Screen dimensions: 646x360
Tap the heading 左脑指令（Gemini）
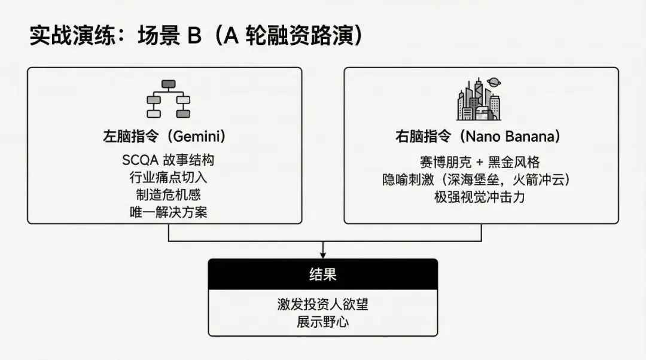tap(164, 136)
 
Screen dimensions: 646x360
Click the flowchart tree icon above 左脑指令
tap(168, 99)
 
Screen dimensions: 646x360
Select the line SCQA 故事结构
tap(168, 160)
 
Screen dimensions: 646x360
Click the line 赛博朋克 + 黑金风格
tap(480, 163)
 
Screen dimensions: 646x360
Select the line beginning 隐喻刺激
tap(480, 179)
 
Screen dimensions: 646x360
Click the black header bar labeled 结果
tap(323, 274)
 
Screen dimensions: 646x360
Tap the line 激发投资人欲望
tap(323, 304)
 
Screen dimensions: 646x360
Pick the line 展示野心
tap(323, 322)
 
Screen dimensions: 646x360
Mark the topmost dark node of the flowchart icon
tap(169, 84)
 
